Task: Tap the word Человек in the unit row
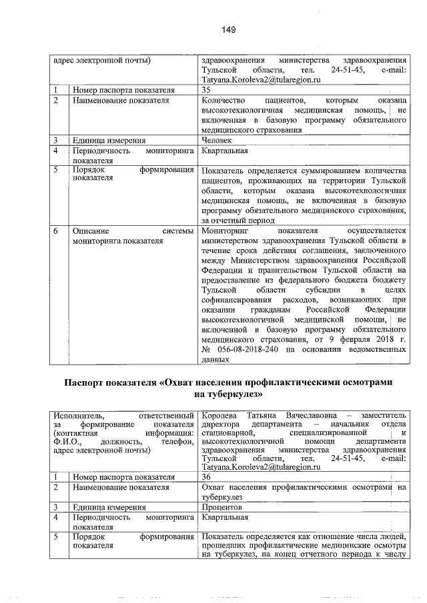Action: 217,141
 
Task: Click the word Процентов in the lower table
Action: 221,507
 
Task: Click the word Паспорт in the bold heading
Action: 87,383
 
